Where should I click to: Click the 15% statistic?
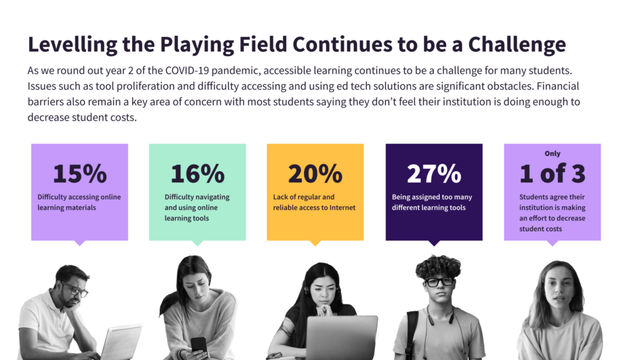[x=80, y=174]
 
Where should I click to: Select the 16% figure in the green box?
[x=197, y=174]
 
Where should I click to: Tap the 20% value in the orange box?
[x=315, y=174]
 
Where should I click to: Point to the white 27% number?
[x=434, y=174]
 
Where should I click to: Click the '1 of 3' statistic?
[x=552, y=174]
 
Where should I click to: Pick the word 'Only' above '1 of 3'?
[x=552, y=154]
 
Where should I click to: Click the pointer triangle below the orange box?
[x=315, y=243]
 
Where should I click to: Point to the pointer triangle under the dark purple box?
[x=434, y=243]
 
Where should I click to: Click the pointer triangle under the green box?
[x=197, y=243]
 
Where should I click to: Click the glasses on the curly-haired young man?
[x=439, y=282]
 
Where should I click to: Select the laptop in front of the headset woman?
[x=341, y=338]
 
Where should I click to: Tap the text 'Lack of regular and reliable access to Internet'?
[x=314, y=202]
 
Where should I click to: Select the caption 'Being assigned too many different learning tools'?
[x=432, y=202]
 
